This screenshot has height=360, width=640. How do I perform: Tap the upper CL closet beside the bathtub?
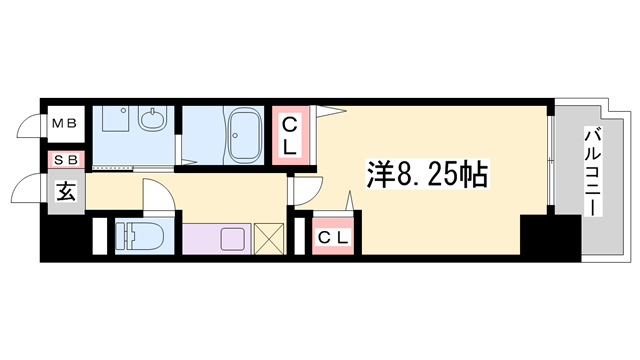click(291, 135)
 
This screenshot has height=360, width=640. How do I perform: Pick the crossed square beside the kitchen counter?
click(269, 240)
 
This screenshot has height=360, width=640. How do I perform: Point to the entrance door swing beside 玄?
click(30, 189)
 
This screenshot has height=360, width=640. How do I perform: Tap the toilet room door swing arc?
click(158, 194)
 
